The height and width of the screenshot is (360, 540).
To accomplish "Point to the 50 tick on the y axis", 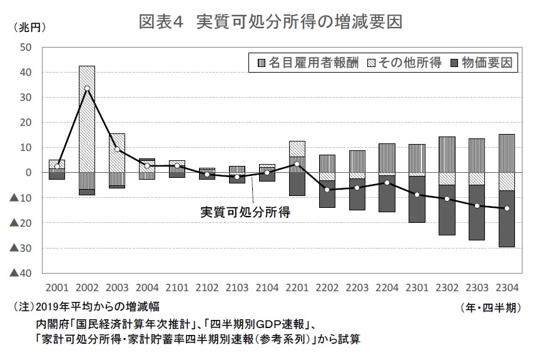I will coord(26,47).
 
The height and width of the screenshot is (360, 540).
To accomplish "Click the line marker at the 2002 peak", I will coord(87,88).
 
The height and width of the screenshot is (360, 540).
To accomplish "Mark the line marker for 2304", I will coord(507,208).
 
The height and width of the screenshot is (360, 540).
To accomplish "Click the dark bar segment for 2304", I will coord(507,219).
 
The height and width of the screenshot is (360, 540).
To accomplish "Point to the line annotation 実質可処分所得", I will coord(246,211).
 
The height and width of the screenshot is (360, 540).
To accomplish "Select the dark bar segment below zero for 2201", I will coord(297,184).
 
